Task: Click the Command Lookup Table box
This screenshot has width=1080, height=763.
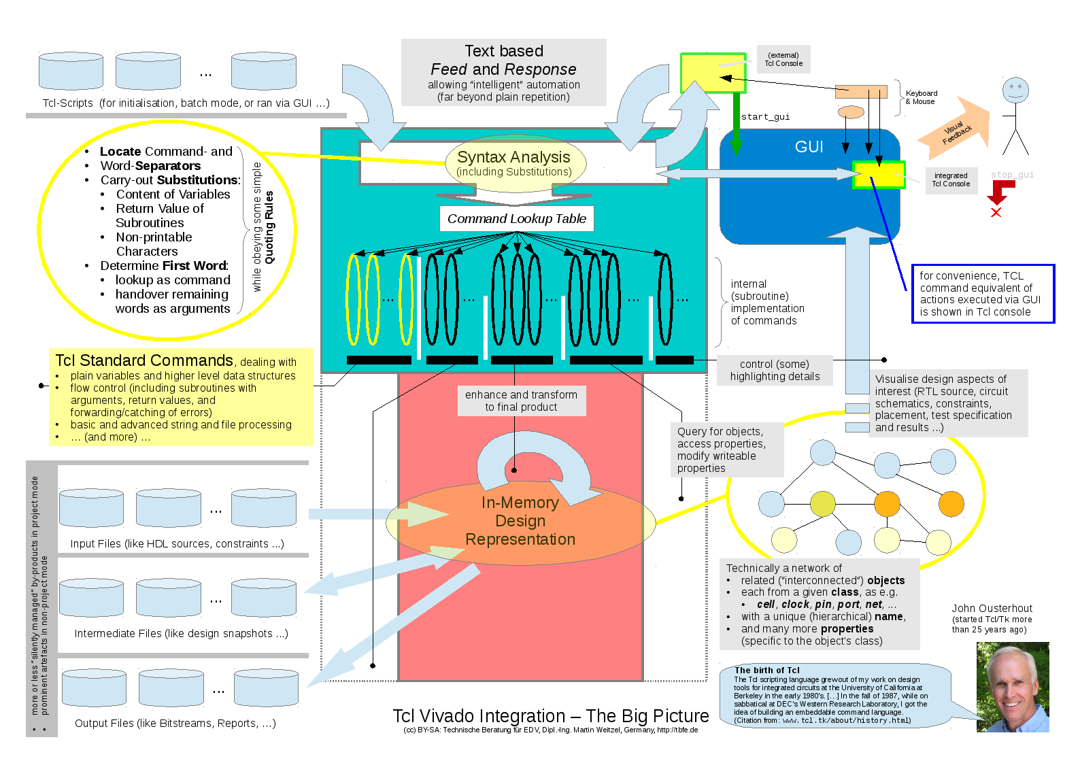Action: [x=516, y=219]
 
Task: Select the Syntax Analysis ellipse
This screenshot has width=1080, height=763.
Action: [x=514, y=163]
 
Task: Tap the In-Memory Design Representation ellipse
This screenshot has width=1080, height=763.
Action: [x=520, y=522]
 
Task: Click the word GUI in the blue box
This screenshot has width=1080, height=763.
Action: [x=809, y=147]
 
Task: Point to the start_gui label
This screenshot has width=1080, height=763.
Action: [x=765, y=117]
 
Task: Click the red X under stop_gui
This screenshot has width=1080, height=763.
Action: [x=996, y=213]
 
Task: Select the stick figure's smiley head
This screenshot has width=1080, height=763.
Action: [x=1015, y=90]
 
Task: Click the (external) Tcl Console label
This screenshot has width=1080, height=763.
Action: [x=783, y=60]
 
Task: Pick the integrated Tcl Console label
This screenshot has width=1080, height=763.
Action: [x=951, y=180]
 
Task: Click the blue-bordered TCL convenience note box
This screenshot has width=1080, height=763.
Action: [x=983, y=294]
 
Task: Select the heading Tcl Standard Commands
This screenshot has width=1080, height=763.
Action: [x=144, y=360]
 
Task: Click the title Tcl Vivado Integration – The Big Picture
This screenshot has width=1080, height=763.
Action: [x=550, y=716]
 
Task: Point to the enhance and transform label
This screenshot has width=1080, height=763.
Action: [x=521, y=401]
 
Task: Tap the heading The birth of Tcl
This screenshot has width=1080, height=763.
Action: [x=766, y=671]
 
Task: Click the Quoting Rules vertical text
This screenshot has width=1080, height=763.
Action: [x=269, y=227]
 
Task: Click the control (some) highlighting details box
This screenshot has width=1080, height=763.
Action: [x=775, y=371]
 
